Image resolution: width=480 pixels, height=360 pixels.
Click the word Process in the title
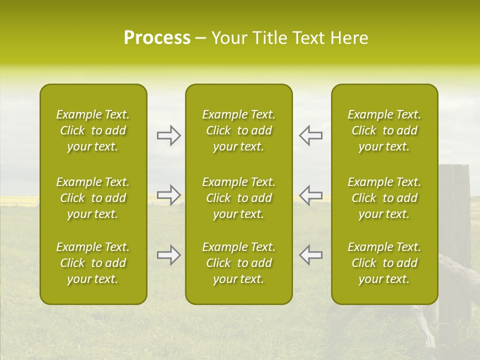click(x=157, y=38)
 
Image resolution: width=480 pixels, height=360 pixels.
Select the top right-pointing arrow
click(x=168, y=135)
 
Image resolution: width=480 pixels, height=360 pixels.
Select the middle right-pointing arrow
click(x=168, y=194)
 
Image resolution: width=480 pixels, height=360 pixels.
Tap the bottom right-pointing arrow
click(x=168, y=255)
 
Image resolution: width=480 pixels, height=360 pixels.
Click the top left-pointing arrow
click(x=310, y=135)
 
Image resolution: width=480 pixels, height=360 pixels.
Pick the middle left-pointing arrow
click(x=310, y=194)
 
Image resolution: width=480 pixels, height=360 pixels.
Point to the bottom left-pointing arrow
click(x=310, y=255)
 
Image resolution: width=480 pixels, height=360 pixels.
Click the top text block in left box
click(x=93, y=130)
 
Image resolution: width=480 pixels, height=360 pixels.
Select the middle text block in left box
click(x=93, y=198)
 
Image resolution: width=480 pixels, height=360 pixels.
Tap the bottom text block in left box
click(x=93, y=263)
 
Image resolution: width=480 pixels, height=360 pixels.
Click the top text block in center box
click(x=239, y=130)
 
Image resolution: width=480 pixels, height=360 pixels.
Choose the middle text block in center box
click(x=239, y=198)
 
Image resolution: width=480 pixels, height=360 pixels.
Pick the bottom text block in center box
click(x=239, y=263)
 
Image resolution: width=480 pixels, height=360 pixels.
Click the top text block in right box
click(x=384, y=130)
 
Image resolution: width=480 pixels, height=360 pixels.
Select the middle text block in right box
click(x=384, y=198)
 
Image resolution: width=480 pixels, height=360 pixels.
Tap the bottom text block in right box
click(x=384, y=263)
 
